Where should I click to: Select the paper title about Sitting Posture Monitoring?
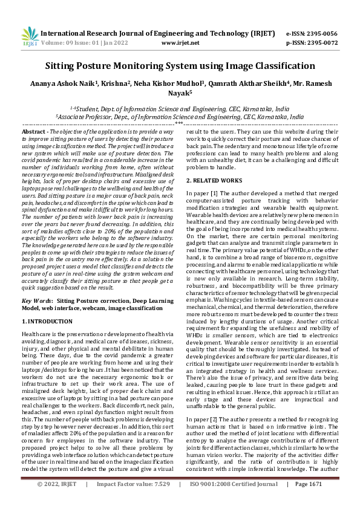pos(180,66)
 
